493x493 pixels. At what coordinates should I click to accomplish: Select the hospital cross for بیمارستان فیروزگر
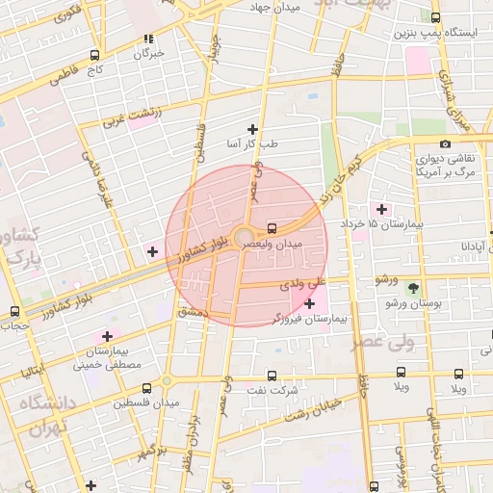point(308,304)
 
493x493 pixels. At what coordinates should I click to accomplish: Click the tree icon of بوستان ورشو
point(413,287)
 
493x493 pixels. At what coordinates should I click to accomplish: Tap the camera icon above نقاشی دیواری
point(445,144)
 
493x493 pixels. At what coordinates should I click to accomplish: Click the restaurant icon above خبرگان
point(148,39)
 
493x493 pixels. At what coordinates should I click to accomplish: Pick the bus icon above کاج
point(93,55)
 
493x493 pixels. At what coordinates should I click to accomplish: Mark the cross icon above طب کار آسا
point(252,129)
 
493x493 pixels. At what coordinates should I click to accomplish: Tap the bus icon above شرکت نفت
point(271,376)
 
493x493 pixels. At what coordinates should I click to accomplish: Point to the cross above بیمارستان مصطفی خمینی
point(107,336)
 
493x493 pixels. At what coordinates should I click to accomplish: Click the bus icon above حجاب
point(13,311)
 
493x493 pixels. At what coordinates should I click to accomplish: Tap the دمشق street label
point(193,312)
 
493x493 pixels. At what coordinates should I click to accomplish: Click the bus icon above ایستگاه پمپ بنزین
point(435,17)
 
